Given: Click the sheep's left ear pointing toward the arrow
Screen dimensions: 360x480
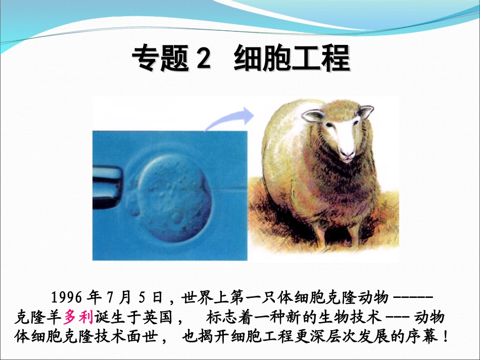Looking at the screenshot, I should tap(313, 116).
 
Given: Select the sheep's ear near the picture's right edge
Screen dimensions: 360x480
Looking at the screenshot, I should tap(366, 111).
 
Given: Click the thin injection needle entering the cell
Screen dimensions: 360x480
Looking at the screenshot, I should tap(227, 187).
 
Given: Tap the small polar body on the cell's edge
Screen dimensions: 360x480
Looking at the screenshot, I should tap(133, 204).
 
